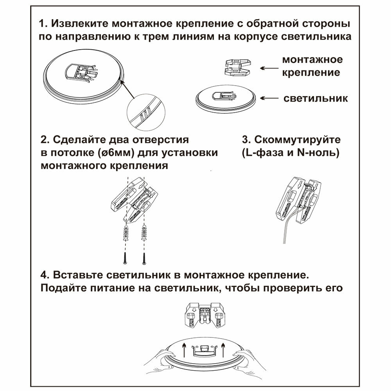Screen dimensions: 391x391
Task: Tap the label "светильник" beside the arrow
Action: [316, 98]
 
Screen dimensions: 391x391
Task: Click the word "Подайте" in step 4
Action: [62, 288]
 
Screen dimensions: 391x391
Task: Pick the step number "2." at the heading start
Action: [44, 140]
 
